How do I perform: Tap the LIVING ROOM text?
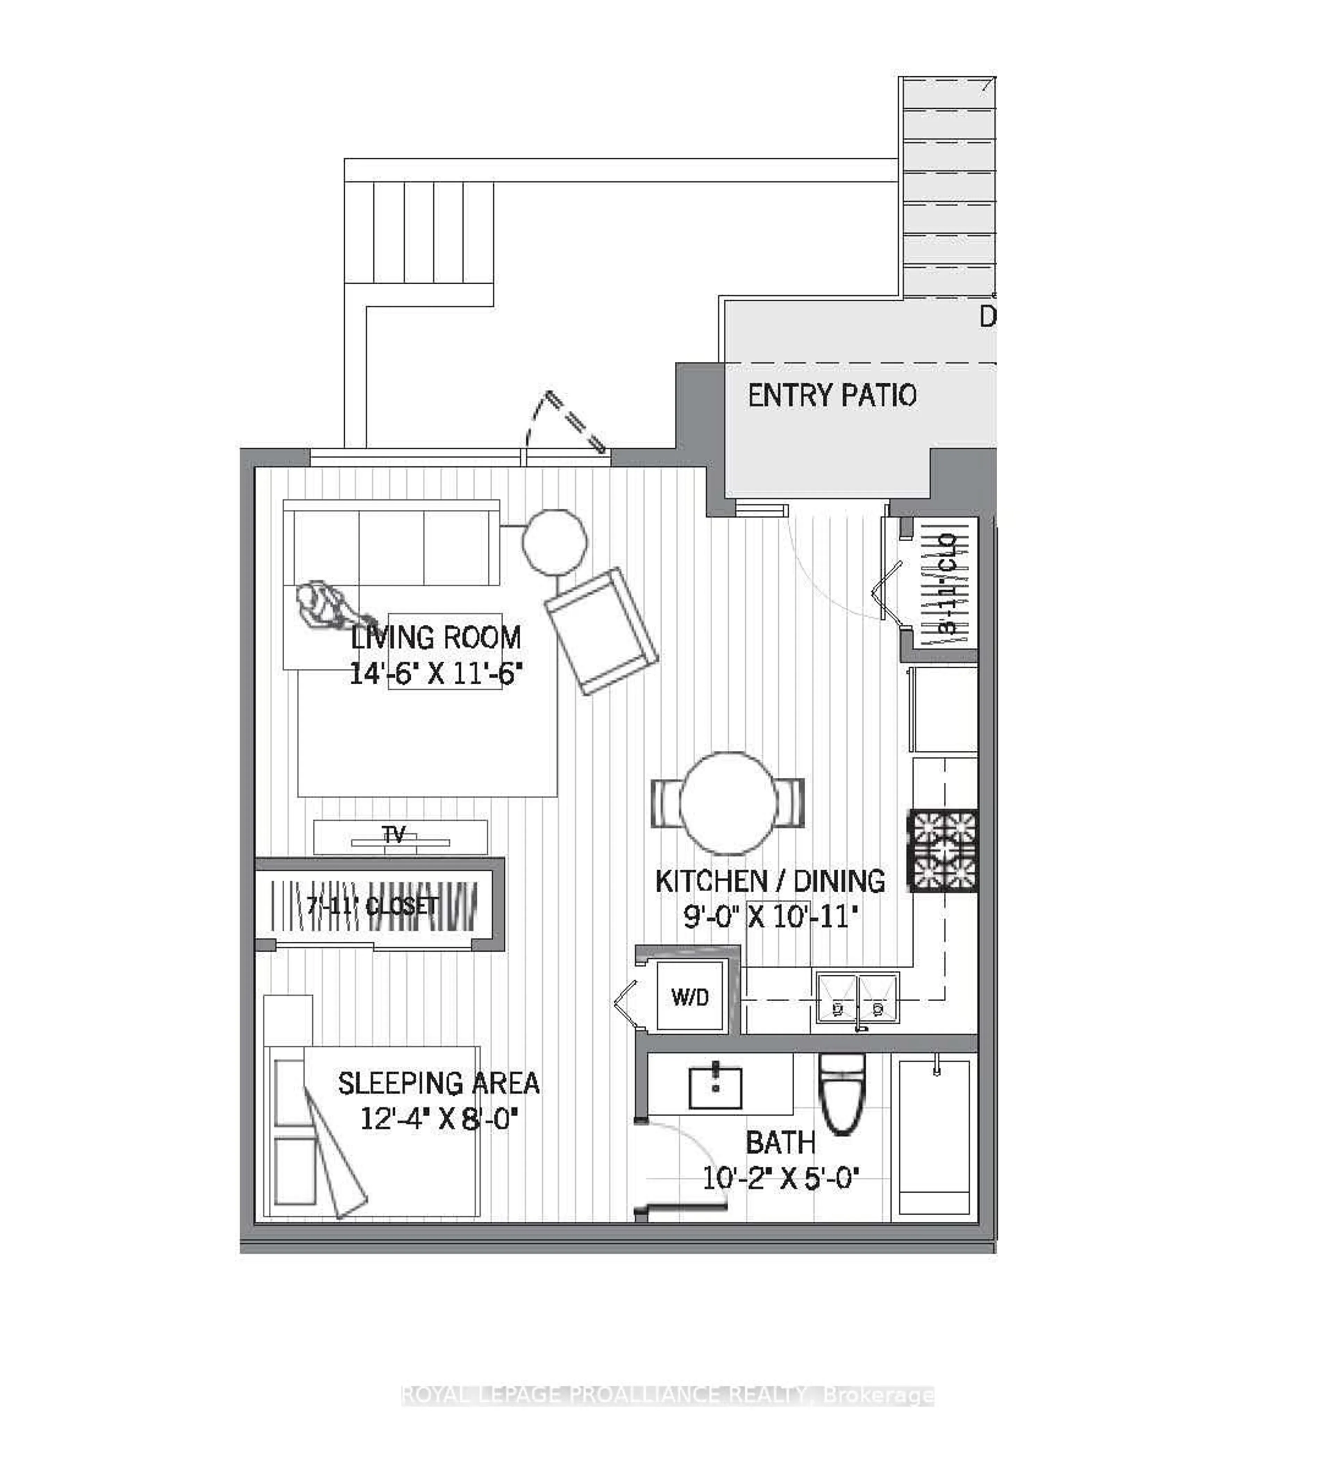click(435, 638)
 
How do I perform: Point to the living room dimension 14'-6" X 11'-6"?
click(435, 674)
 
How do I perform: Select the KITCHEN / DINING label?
click(770, 881)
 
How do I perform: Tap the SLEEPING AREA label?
click(438, 1083)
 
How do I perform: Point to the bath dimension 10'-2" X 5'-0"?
click(780, 1177)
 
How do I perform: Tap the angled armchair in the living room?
click(601, 631)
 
